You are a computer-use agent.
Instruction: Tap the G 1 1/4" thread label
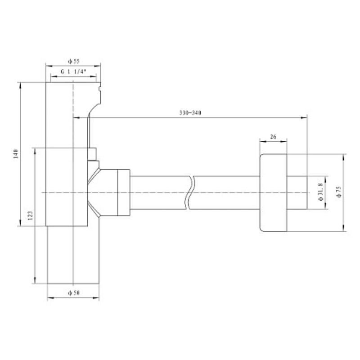(73, 72)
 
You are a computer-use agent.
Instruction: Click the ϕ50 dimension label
(73, 293)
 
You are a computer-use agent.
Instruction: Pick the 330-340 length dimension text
(190, 112)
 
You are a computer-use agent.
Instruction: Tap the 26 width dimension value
(273, 136)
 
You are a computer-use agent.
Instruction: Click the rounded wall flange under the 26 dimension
(273, 193)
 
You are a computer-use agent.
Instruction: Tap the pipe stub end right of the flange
(297, 193)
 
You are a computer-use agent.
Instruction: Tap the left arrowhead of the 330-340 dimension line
(75, 118)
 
